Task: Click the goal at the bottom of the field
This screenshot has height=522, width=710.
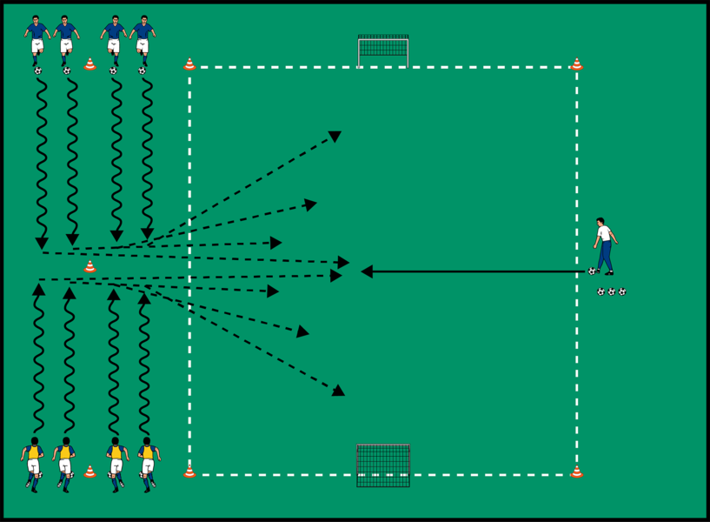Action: (383, 465)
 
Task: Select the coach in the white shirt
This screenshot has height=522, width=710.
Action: (605, 244)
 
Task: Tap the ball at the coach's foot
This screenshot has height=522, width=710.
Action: (593, 271)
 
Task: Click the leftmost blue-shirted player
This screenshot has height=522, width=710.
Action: (36, 39)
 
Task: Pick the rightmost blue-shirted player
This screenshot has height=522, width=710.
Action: (143, 39)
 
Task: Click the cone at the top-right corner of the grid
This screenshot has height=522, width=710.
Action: (576, 64)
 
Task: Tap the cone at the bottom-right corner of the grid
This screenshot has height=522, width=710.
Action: (576, 472)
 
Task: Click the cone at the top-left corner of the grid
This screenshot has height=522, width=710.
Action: (189, 64)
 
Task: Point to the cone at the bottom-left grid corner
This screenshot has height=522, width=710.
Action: (189, 472)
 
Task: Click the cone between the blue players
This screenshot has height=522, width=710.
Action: (90, 64)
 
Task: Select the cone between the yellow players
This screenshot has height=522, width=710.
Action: (90, 472)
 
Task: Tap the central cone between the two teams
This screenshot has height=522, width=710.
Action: (90, 267)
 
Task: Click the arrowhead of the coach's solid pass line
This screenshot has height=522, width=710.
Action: (367, 271)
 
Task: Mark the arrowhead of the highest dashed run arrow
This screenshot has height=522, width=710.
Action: (335, 136)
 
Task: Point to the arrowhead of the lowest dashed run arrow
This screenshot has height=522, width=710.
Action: (338, 391)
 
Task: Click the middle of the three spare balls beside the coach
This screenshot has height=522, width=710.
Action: (612, 292)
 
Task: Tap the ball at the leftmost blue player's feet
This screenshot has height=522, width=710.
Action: (38, 70)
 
